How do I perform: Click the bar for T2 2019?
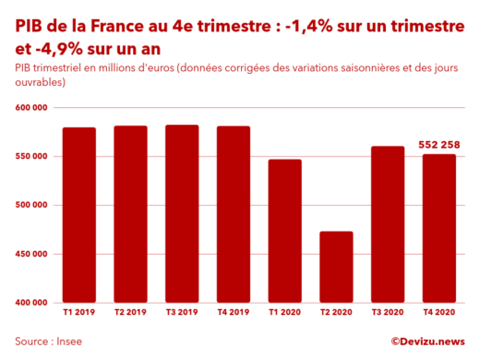click(x=130, y=213)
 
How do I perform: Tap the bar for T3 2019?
click(x=182, y=213)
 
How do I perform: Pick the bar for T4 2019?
click(x=234, y=213)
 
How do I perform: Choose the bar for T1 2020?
click(x=284, y=230)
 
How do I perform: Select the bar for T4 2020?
click(x=438, y=227)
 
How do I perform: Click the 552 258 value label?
click(x=439, y=145)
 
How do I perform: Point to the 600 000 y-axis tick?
click(x=32, y=108)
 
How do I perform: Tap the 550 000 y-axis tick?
click(x=32, y=157)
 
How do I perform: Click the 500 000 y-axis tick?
click(x=32, y=205)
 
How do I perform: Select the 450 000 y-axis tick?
click(x=32, y=254)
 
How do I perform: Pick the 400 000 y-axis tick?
click(x=32, y=302)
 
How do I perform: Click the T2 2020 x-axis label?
click(x=336, y=313)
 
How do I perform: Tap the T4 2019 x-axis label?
click(x=234, y=313)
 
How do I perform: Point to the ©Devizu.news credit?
click(x=427, y=341)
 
